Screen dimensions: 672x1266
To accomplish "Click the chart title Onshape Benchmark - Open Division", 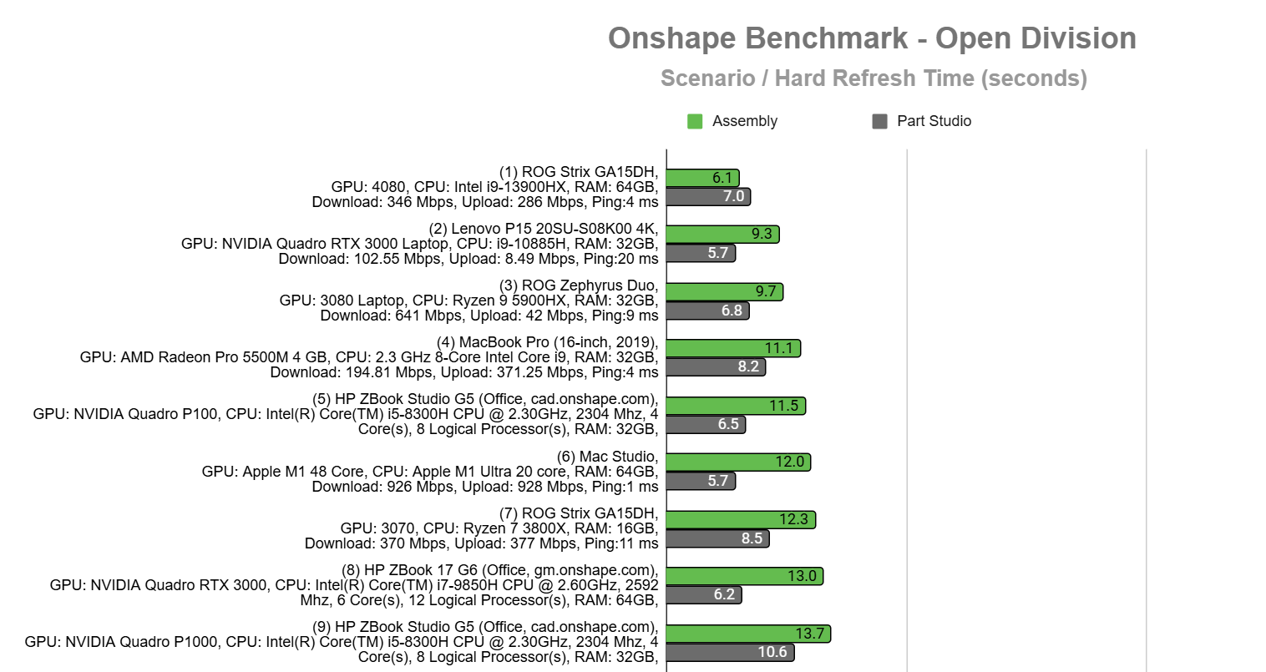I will tap(872, 38).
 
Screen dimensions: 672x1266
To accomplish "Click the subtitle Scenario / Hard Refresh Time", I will tap(874, 78).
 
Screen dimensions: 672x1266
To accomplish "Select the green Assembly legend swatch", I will tap(695, 122).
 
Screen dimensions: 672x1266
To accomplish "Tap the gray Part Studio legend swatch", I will tap(879, 122).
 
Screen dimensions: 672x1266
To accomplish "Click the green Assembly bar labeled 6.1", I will tap(702, 178).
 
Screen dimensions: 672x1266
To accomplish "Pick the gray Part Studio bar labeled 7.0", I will tap(708, 197).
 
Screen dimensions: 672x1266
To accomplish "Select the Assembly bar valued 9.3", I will tap(722, 235).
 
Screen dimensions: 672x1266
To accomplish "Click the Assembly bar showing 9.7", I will tap(724, 291).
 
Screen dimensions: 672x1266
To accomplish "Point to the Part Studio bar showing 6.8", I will tap(707, 311).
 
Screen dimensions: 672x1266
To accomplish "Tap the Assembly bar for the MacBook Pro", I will tap(733, 348).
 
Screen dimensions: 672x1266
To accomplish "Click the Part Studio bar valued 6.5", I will tap(706, 424).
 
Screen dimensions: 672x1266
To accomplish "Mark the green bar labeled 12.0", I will tap(738, 462).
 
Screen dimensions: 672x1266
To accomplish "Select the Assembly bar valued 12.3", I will tap(741, 519).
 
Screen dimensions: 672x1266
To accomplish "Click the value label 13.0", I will tap(802, 576).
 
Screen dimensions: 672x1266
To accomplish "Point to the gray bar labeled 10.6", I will tap(730, 652).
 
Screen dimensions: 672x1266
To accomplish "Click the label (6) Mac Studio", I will tap(607, 457).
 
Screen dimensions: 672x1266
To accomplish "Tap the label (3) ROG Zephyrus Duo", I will tap(579, 285).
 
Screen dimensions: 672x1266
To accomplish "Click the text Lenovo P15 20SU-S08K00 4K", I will tap(555, 229).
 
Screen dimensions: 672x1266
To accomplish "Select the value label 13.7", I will tap(809, 634).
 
